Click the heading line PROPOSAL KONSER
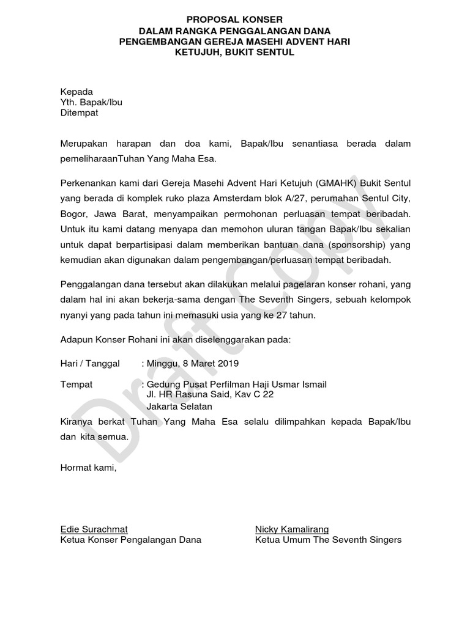click(235, 20)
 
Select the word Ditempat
click(79, 113)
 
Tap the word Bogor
click(75, 215)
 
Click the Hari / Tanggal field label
click(90, 363)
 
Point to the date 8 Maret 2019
click(207, 363)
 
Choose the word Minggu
click(160, 363)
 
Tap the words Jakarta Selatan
click(179, 406)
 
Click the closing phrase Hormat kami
click(88, 468)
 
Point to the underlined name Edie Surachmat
click(94, 529)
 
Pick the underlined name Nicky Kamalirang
click(292, 529)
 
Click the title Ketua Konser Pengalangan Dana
click(131, 540)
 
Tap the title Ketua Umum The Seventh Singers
click(328, 540)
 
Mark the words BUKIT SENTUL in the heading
click(265, 53)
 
